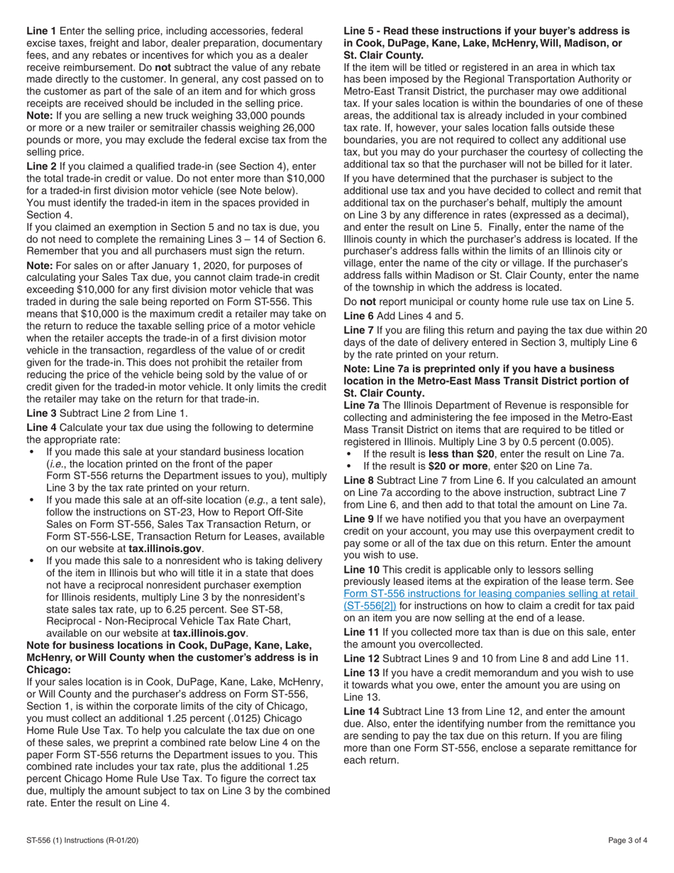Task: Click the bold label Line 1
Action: click(41, 31)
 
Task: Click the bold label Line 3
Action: click(41, 412)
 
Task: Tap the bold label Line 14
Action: click(360, 711)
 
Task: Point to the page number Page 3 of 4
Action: click(627, 840)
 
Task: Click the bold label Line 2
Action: click(41, 165)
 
